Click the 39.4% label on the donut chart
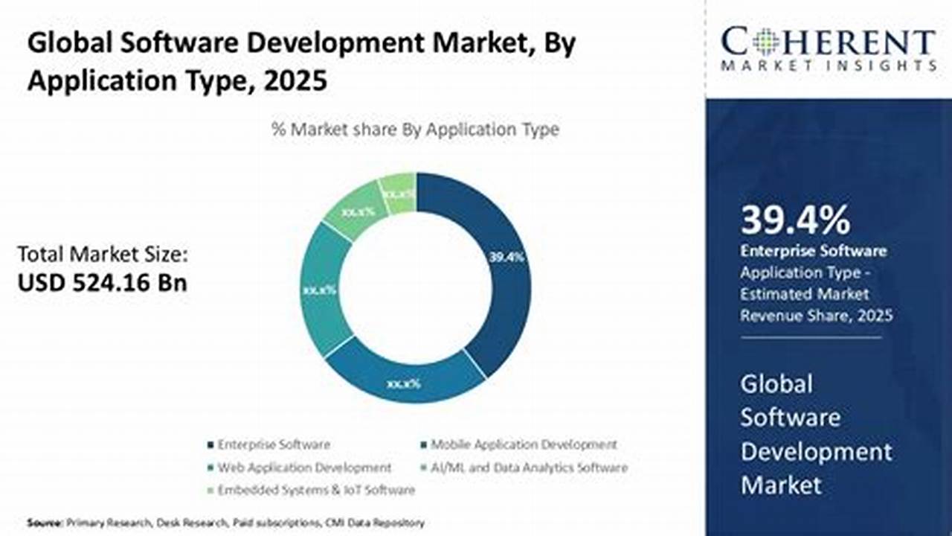coord(506,257)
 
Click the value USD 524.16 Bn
coord(103,283)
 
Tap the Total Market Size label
coord(103,255)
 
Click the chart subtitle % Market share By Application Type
coord(415,130)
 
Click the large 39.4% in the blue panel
coord(795,221)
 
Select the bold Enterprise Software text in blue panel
coord(813,251)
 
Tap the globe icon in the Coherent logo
coord(765,42)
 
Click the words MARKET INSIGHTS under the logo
coord(828,66)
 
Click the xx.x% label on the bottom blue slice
coord(404,384)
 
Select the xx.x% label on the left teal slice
coord(319,290)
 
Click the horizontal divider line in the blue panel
coord(811,337)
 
